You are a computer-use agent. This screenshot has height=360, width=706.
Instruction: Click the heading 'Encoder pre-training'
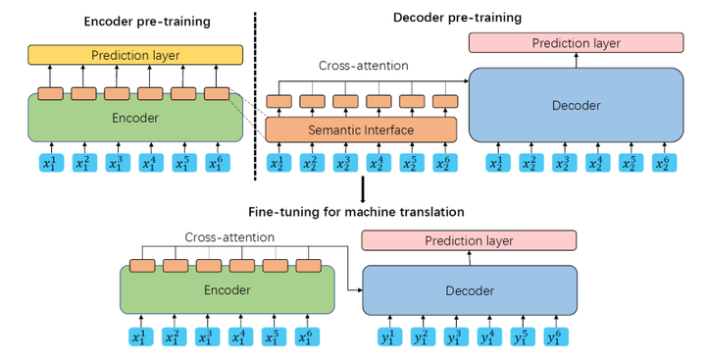pos(129,21)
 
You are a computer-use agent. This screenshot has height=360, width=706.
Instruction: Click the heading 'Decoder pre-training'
pos(456,17)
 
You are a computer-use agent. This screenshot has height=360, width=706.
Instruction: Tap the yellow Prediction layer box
pos(135,54)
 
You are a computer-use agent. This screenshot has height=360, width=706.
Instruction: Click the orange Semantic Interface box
pos(361,130)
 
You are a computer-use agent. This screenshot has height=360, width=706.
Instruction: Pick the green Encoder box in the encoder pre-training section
pos(135,117)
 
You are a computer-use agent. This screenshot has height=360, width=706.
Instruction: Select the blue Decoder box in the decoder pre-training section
pos(576,105)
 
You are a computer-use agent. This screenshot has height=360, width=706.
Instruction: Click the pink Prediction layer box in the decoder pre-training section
pos(575,43)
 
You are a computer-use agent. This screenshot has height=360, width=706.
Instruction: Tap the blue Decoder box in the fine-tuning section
pos(469,292)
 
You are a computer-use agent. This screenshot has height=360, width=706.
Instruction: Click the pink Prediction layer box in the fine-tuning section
pos(470,240)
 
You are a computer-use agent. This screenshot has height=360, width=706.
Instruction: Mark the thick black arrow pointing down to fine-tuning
pos(364,188)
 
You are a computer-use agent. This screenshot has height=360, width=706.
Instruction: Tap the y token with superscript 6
pos(555,338)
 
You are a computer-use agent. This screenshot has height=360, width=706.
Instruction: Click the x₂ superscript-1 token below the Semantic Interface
pos(277,164)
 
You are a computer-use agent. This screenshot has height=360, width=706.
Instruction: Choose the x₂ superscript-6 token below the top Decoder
pos(664,164)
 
